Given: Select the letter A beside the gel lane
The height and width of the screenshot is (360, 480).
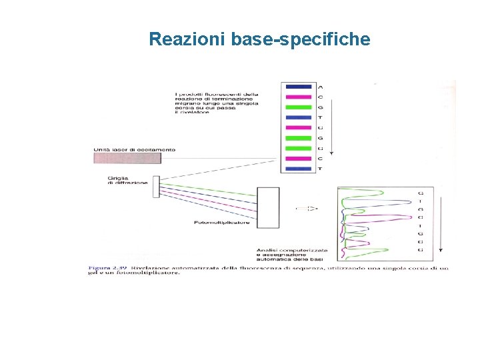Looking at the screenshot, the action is pyautogui.click(x=321, y=87).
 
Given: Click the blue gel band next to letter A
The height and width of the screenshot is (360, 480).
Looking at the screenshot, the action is pyautogui.click(x=297, y=87).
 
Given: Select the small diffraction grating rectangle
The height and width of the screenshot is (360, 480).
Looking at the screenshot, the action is pyautogui.click(x=156, y=186).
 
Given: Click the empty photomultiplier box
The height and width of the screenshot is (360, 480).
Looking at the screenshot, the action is pyautogui.click(x=268, y=208).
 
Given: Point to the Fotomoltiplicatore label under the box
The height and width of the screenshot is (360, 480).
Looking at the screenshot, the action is pyautogui.click(x=222, y=223).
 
